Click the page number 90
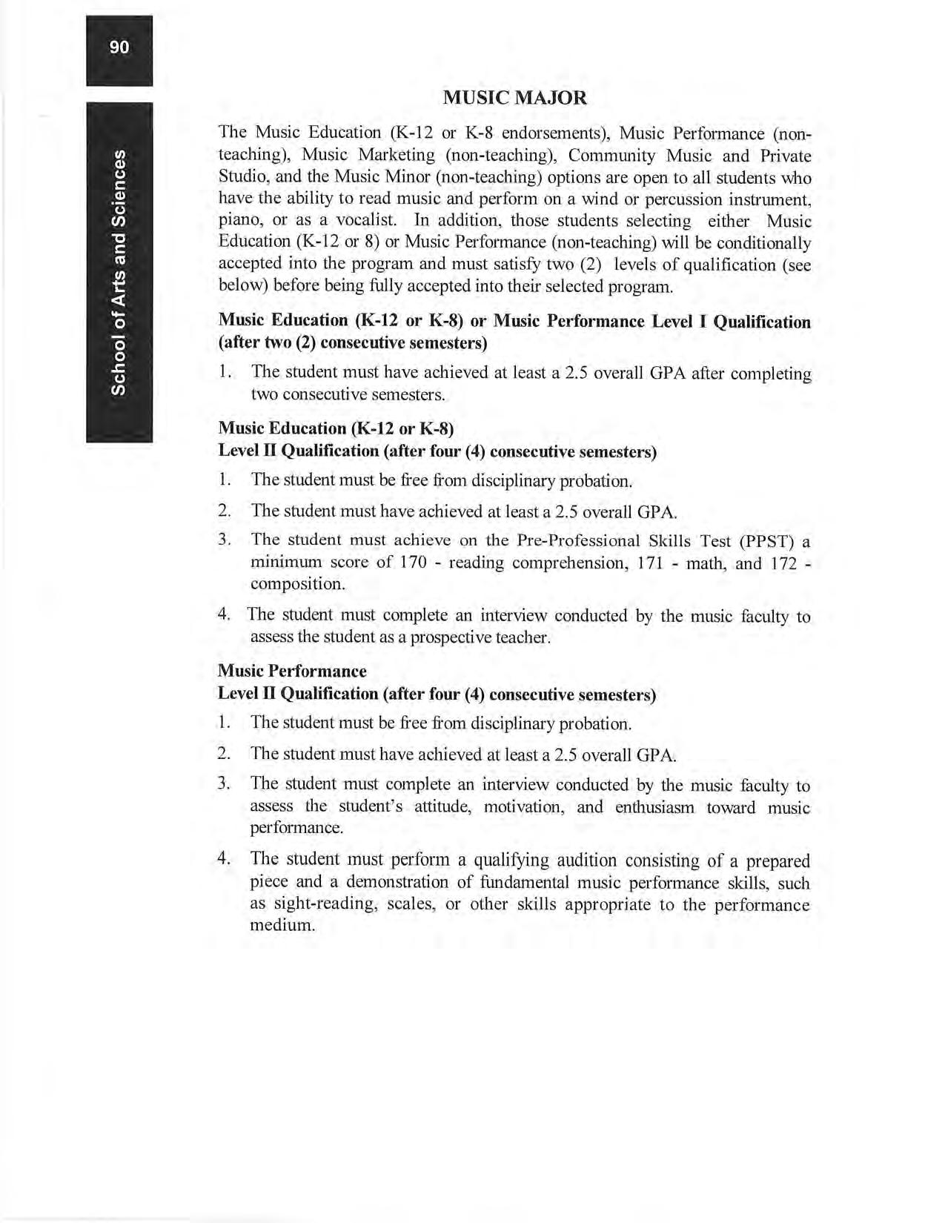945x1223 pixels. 119,48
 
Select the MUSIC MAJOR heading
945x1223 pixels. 515,98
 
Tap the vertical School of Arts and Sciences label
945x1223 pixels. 119,272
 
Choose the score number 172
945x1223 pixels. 784,563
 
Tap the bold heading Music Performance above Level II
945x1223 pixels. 292,671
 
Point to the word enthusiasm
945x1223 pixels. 654,807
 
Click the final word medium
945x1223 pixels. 282,926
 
